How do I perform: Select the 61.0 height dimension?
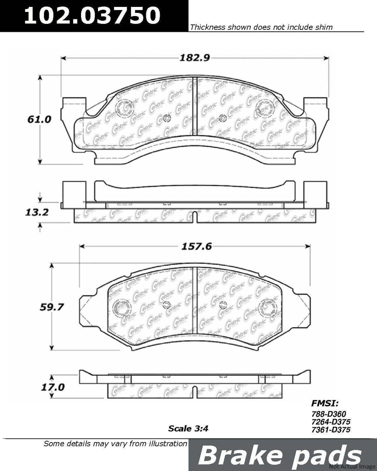38,120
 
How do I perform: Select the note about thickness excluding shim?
261,28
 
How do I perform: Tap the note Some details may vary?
115,444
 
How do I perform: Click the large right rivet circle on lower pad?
268,307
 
